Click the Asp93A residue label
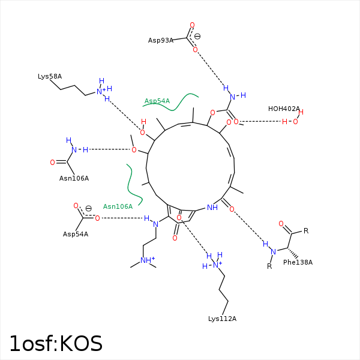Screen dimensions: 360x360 (x=160, y=40)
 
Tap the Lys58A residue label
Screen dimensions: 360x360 (x=50, y=76)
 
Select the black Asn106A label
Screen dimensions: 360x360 (x=74, y=178)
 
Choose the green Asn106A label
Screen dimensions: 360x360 (x=118, y=206)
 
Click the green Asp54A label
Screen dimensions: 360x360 (x=157, y=101)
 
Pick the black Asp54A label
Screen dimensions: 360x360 (x=76, y=234)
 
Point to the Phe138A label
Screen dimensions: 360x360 (x=298, y=262)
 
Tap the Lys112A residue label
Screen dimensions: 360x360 (x=222, y=319)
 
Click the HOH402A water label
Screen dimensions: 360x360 (x=284, y=109)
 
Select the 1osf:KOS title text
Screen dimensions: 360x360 (x=56, y=343)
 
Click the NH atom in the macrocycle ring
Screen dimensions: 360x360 (x=212, y=208)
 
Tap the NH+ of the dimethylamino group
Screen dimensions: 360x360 (x=148, y=260)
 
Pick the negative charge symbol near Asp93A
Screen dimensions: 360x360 (x=197, y=36)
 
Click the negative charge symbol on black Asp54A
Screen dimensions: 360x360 (x=89, y=208)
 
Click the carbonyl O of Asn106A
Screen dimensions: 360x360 (x=53, y=163)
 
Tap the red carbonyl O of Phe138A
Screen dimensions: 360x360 (x=281, y=224)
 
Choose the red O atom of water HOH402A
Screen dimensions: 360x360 (x=295, y=121)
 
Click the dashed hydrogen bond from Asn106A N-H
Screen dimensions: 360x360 (x=110, y=149)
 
